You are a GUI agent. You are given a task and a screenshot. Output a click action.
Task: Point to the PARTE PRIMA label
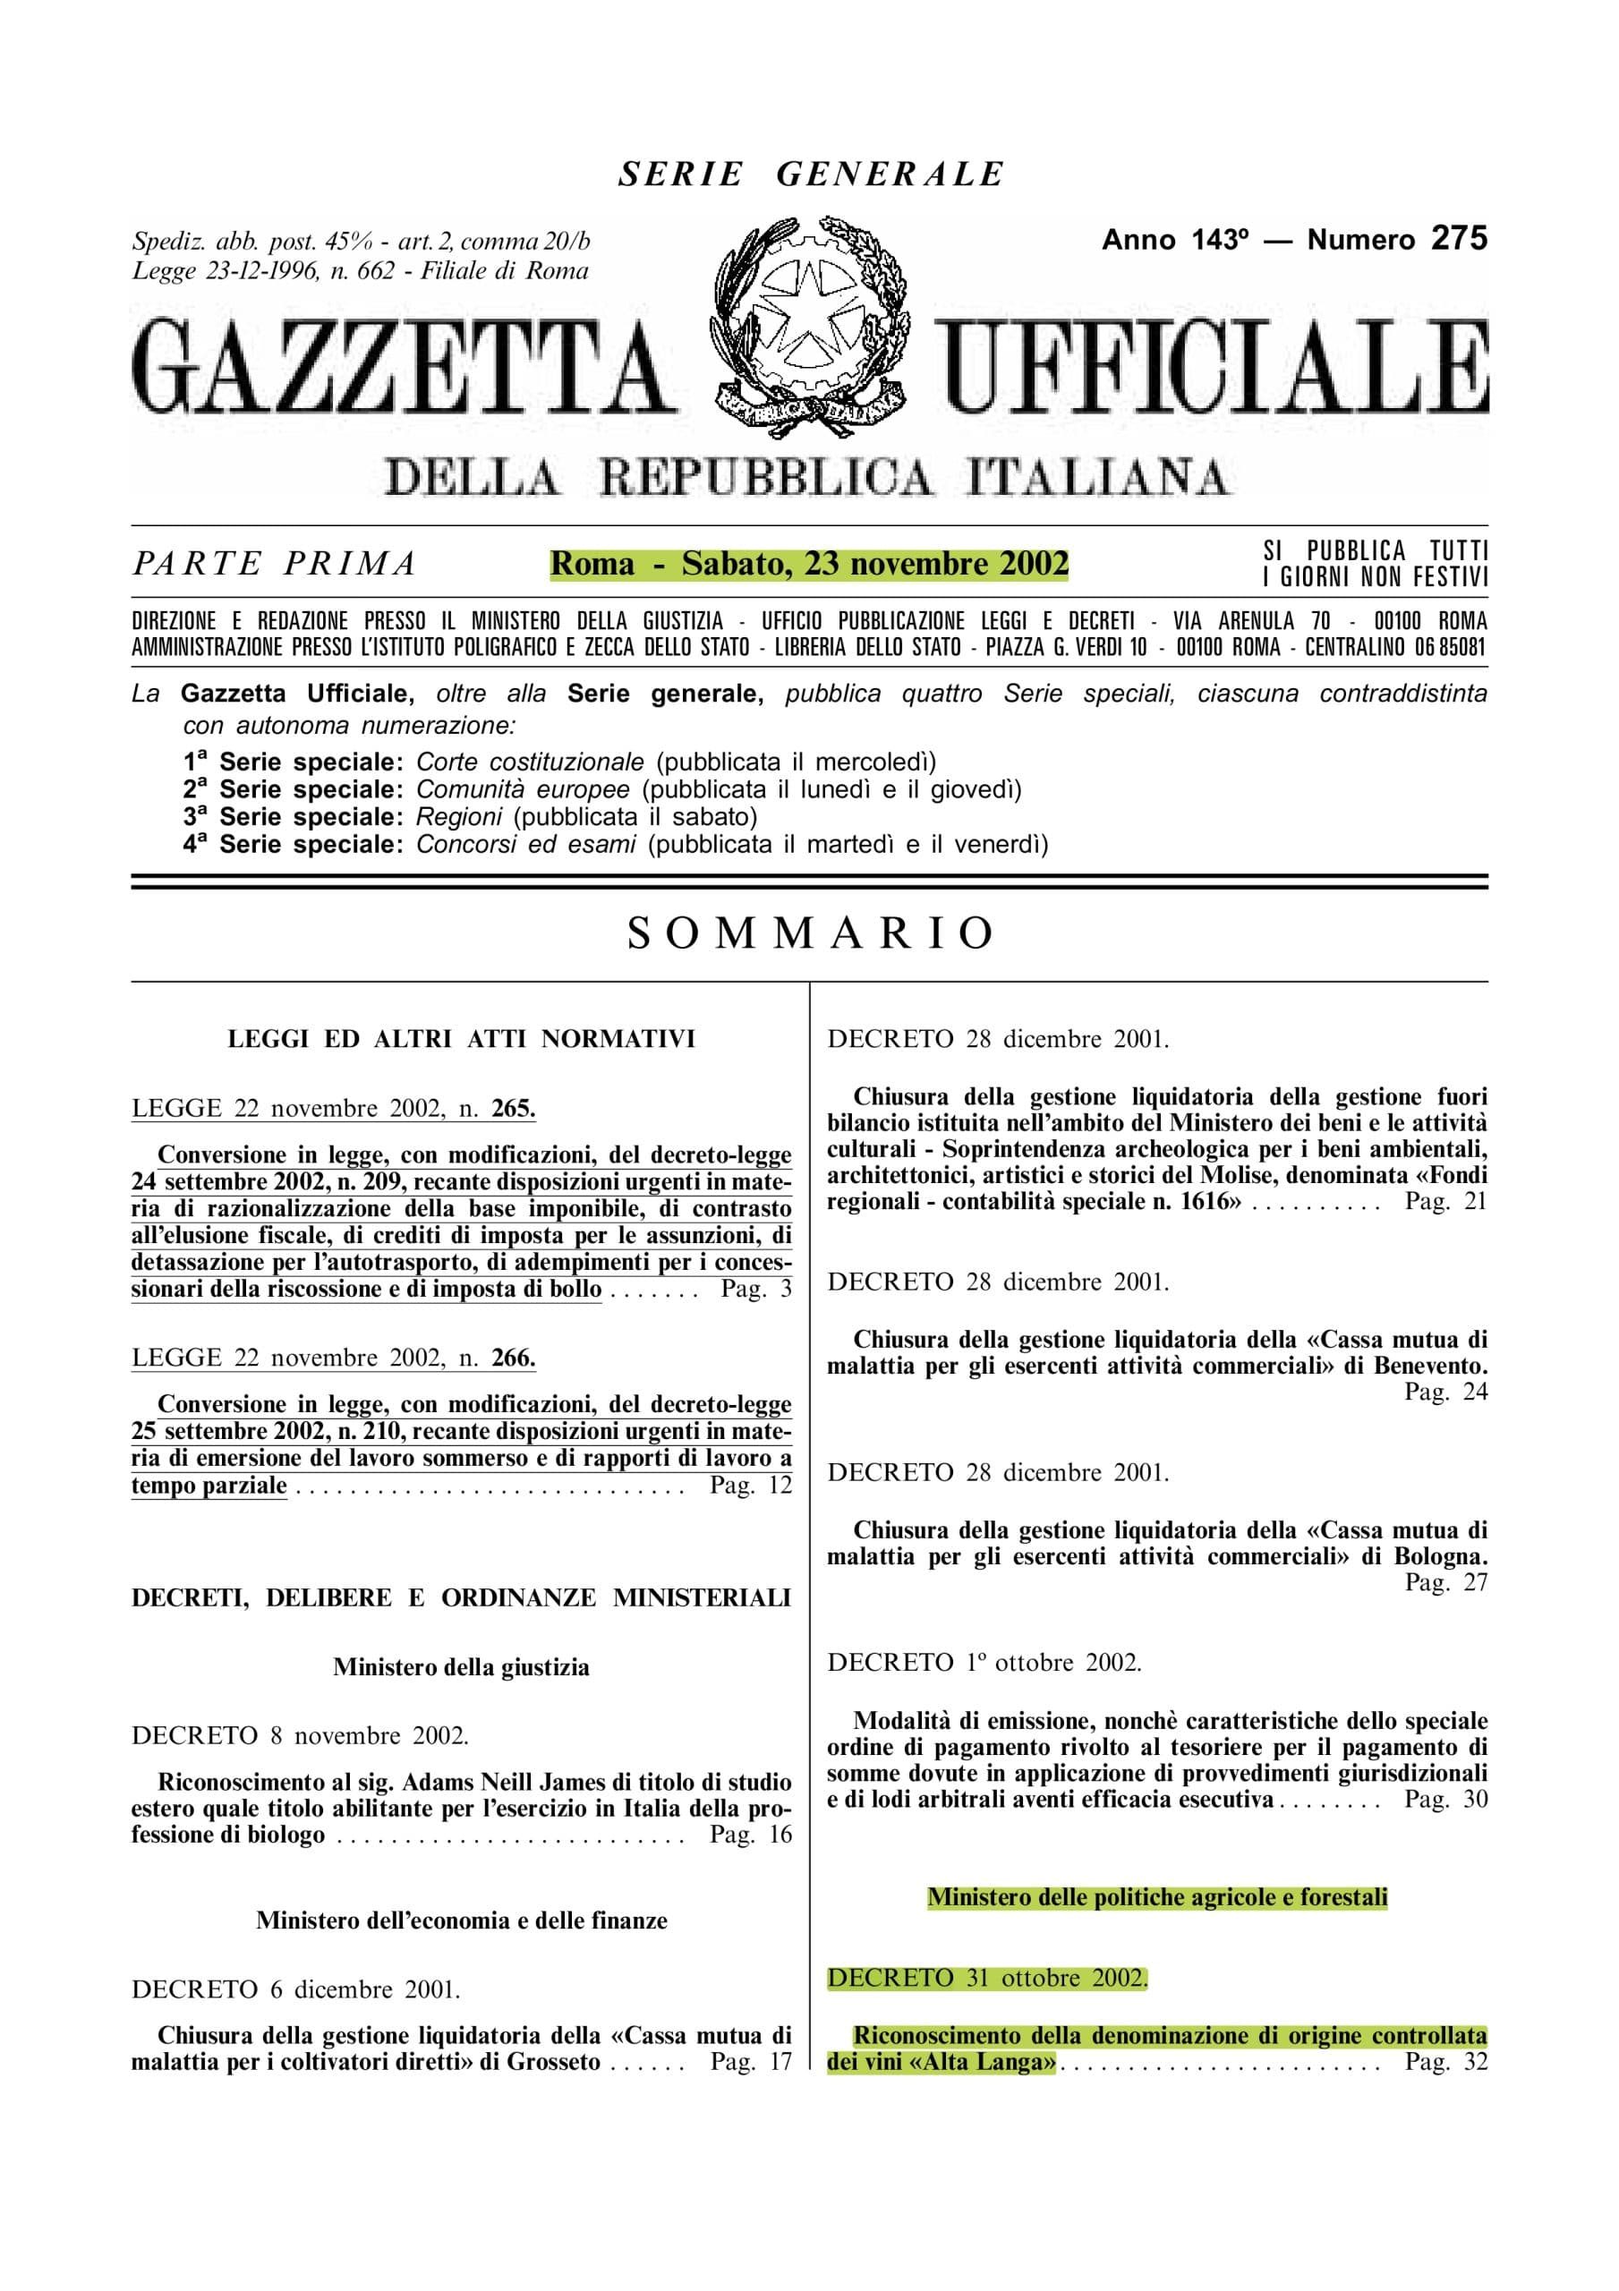[x=275, y=565]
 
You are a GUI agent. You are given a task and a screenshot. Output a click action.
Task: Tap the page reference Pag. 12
[x=751, y=1486]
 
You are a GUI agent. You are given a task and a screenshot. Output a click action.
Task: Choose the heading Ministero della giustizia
[x=461, y=1667]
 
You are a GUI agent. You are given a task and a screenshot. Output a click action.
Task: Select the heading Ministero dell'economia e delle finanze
[x=461, y=1921]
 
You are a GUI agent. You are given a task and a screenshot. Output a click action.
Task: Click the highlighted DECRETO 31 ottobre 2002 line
[x=987, y=1979]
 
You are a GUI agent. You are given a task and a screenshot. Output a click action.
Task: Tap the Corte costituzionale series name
[x=530, y=762]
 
